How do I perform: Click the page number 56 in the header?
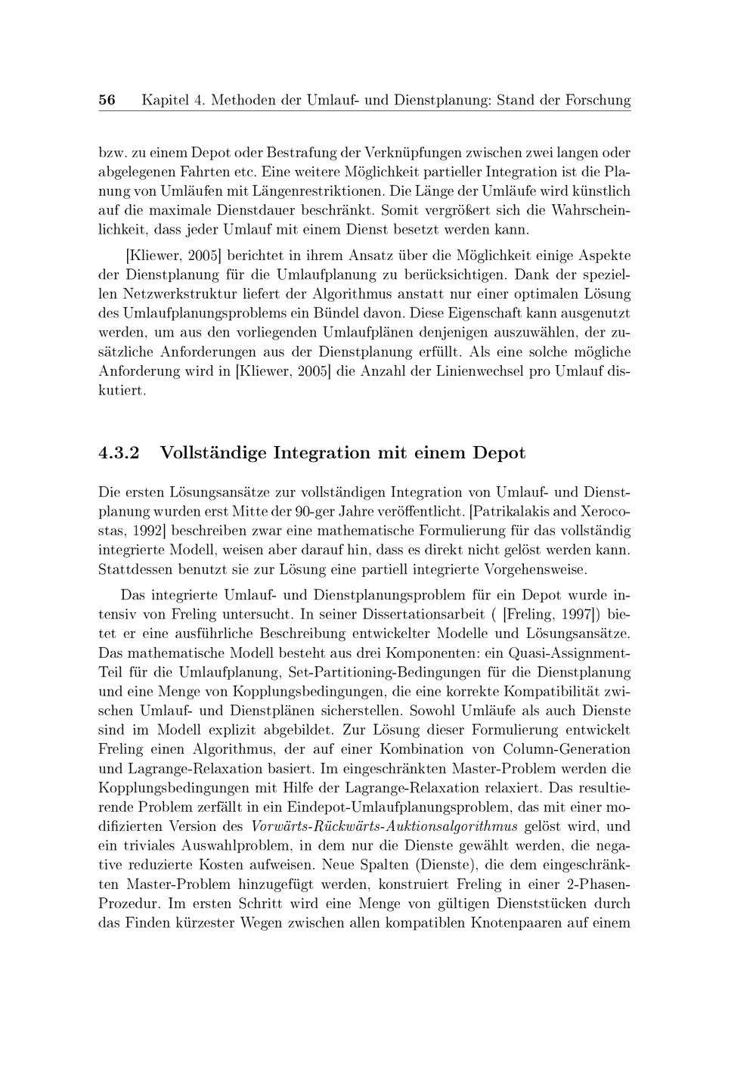tap(107, 100)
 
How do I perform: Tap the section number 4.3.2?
tap(119, 454)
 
